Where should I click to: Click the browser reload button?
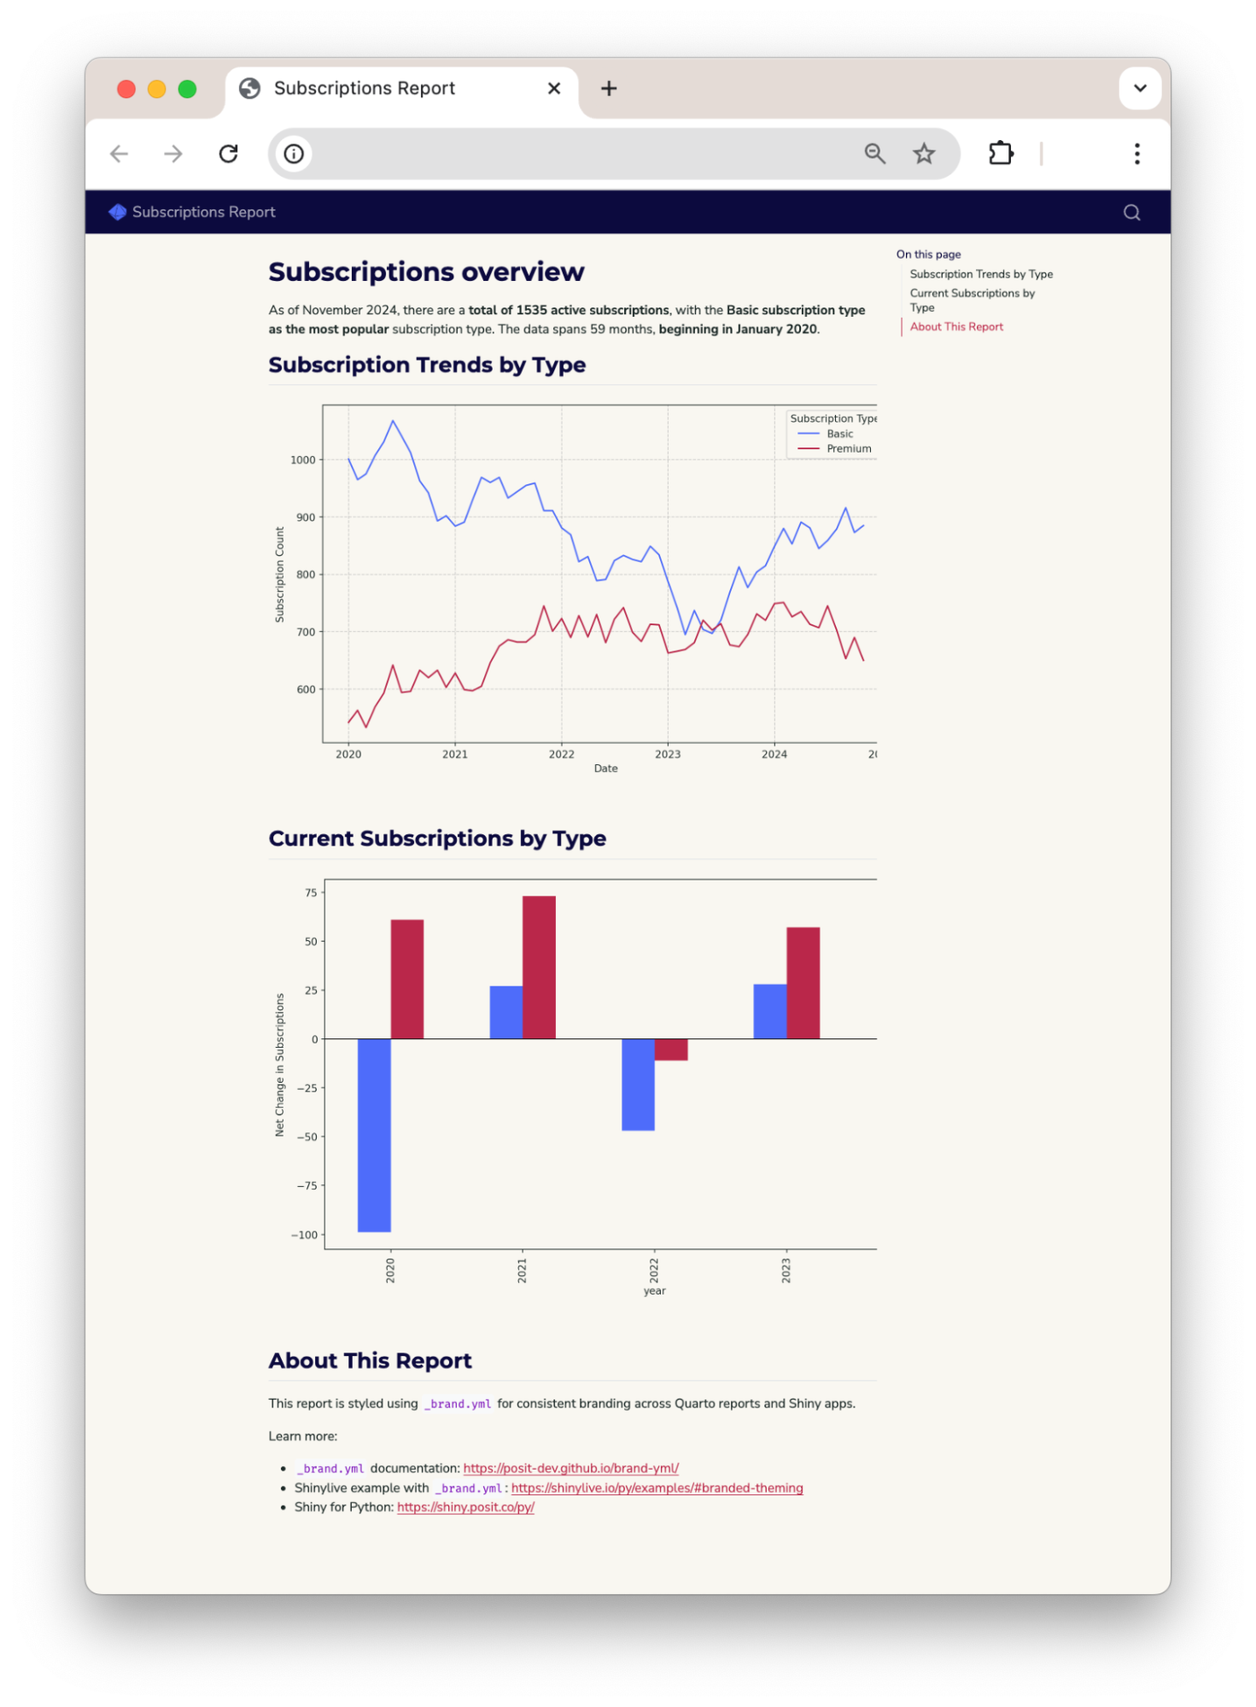228,154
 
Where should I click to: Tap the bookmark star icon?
924,154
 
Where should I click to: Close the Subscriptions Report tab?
554,88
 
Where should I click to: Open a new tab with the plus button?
609,88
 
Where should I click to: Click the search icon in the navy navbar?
1131,213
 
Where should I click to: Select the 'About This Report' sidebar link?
956,327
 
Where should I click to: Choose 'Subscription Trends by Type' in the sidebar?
981,274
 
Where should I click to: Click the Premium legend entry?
848,449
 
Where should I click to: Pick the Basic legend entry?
839,434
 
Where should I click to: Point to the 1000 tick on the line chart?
303,460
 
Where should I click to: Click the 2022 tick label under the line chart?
561,754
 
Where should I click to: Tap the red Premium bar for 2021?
539,967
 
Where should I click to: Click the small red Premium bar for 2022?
671,1049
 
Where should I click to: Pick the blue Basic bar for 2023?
769,1012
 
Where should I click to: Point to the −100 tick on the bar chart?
305,1235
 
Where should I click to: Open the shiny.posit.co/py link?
465,1507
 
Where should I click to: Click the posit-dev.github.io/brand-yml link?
570,1469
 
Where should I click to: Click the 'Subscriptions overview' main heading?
426,272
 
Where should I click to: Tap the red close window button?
126,89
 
